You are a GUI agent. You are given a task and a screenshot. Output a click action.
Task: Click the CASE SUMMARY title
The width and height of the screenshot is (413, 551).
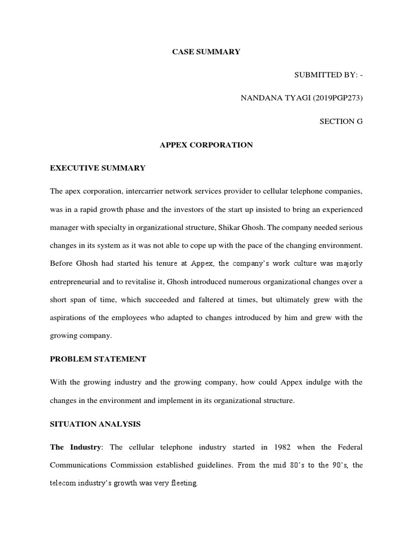tap(206, 52)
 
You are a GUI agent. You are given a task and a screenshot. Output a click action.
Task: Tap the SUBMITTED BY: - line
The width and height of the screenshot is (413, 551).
tap(328, 75)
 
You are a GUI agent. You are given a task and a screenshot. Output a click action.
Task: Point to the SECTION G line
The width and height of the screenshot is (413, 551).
tap(341, 122)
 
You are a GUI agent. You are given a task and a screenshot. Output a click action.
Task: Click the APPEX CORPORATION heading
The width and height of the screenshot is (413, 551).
tap(206, 145)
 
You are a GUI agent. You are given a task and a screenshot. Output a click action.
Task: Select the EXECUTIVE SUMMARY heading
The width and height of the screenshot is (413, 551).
tap(97, 168)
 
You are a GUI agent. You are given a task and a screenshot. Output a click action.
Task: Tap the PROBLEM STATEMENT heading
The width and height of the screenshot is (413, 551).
tap(98, 358)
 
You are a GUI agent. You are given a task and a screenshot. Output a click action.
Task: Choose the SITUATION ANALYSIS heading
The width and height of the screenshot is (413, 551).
tap(95, 424)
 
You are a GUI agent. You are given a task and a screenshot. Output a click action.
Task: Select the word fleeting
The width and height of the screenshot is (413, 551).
tap(183, 483)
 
